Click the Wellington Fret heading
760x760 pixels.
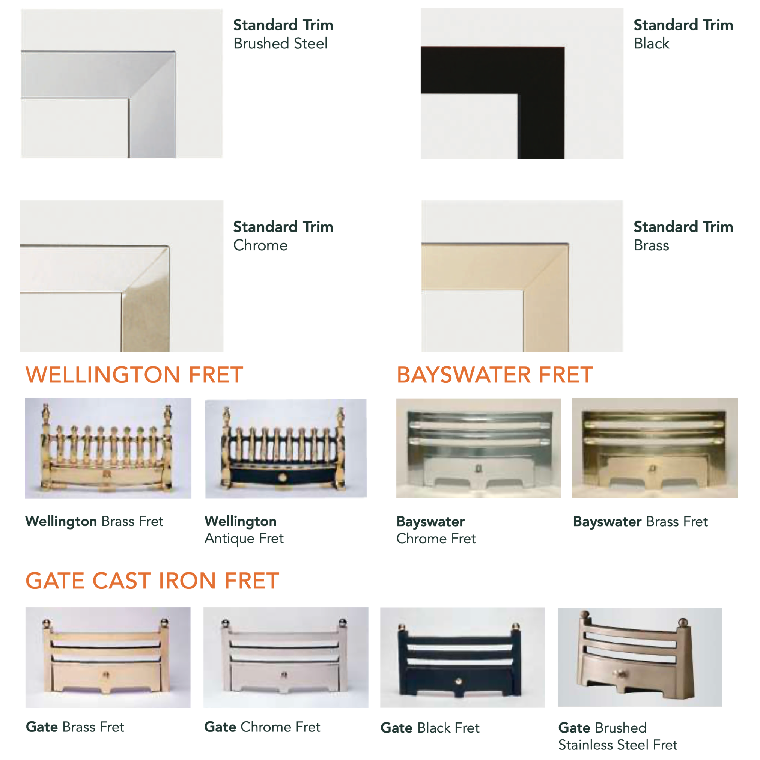point(134,375)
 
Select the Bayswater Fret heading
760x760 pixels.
point(495,375)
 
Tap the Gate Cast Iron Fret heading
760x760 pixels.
point(152,581)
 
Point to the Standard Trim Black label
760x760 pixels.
point(683,34)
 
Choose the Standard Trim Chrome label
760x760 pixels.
point(283,236)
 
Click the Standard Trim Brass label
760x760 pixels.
point(683,236)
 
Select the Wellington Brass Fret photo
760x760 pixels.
point(108,448)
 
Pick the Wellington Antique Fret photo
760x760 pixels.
point(286,448)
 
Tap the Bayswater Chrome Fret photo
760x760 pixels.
point(479,448)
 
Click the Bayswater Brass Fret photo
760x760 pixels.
point(655,448)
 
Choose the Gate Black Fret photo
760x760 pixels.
point(463,657)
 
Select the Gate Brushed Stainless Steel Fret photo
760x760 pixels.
point(640,657)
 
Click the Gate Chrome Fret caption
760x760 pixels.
point(262,727)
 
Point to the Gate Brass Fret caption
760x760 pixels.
point(75,727)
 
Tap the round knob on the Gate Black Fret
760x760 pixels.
point(458,681)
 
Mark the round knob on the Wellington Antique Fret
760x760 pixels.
point(283,477)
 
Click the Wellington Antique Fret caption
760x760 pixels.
point(244,530)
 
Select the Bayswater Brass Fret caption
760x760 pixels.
point(640,522)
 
